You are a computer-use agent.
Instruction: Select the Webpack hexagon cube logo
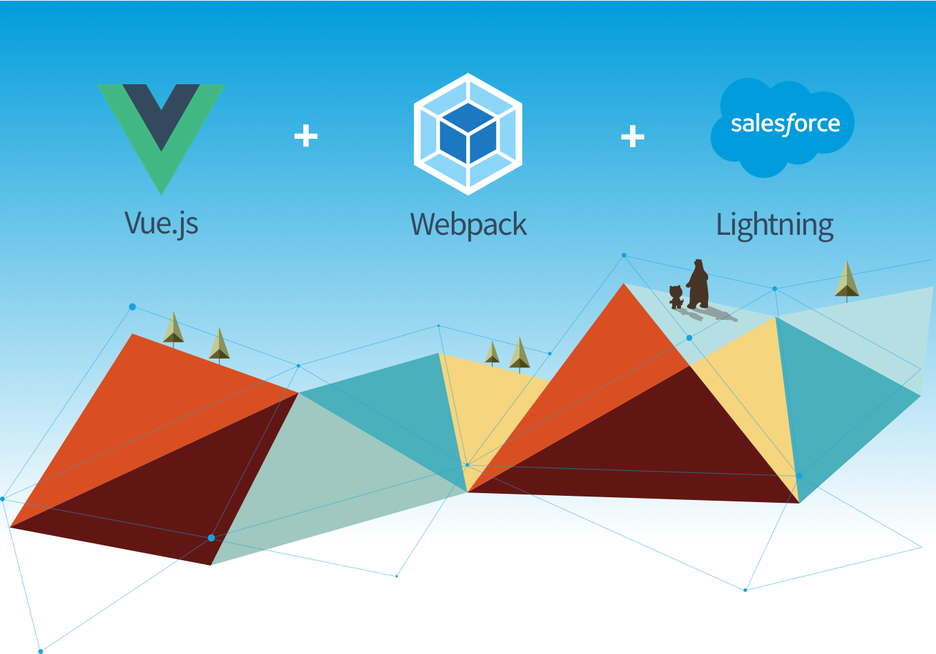tap(468, 134)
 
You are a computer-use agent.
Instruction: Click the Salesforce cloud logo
tap(782, 128)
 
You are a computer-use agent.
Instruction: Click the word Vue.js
tap(161, 224)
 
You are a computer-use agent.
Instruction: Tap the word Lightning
tap(775, 227)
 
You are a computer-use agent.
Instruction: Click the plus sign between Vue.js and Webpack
tap(306, 136)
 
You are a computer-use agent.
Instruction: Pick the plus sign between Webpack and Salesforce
tap(633, 136)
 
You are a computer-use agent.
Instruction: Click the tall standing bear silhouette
tap(698, 285)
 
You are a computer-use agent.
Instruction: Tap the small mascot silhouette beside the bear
tap(676, 297)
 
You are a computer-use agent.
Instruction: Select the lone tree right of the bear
tap(847, 280)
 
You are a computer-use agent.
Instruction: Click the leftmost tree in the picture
tap(173, 329)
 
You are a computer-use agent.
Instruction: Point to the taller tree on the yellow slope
tap(519, 355)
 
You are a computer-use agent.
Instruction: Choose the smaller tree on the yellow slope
tap(493, 354)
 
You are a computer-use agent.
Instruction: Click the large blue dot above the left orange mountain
tap(133, 307)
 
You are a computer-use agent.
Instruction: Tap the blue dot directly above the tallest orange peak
tap(624, 255)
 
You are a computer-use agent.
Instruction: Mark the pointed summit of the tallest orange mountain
tap(624, 284)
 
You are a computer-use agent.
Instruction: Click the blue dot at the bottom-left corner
tap(41, 651)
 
